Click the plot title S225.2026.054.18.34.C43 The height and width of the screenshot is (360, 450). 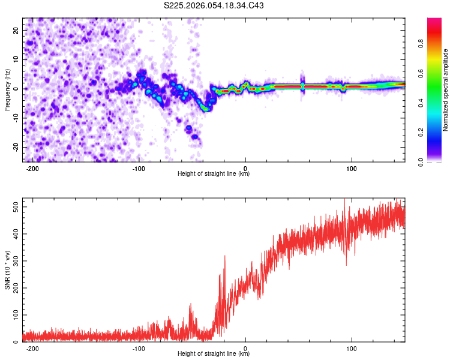click(214, 5)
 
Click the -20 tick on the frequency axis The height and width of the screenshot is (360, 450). click(15, 147)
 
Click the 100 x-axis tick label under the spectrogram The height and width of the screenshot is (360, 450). click(352, 168)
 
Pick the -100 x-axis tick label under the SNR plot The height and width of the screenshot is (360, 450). click(139, 348)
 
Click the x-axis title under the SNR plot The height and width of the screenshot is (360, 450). click(214, 354)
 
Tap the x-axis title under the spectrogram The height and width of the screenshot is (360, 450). click(214, 174)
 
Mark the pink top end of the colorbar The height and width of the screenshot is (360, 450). click(434, 21)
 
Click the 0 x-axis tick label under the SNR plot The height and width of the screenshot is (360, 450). click(245, 348)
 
